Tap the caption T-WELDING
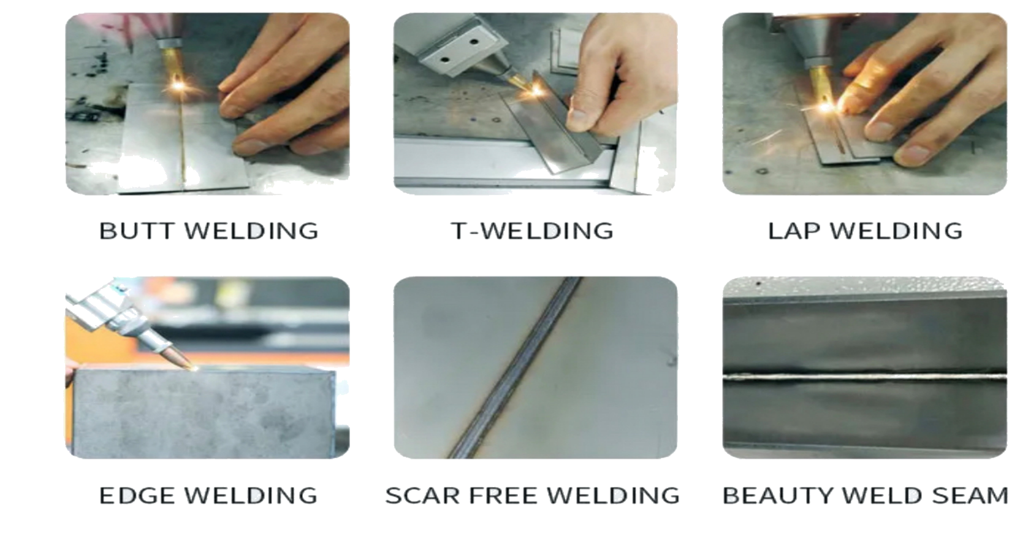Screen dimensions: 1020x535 (532, 231)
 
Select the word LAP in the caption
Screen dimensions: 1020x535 (794, 231)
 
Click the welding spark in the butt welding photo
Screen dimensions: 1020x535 (178, 86)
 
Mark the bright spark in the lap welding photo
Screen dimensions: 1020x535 (825, 107)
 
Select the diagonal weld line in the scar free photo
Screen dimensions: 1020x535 (514, 368)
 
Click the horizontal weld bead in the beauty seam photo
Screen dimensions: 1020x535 (865, 377)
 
